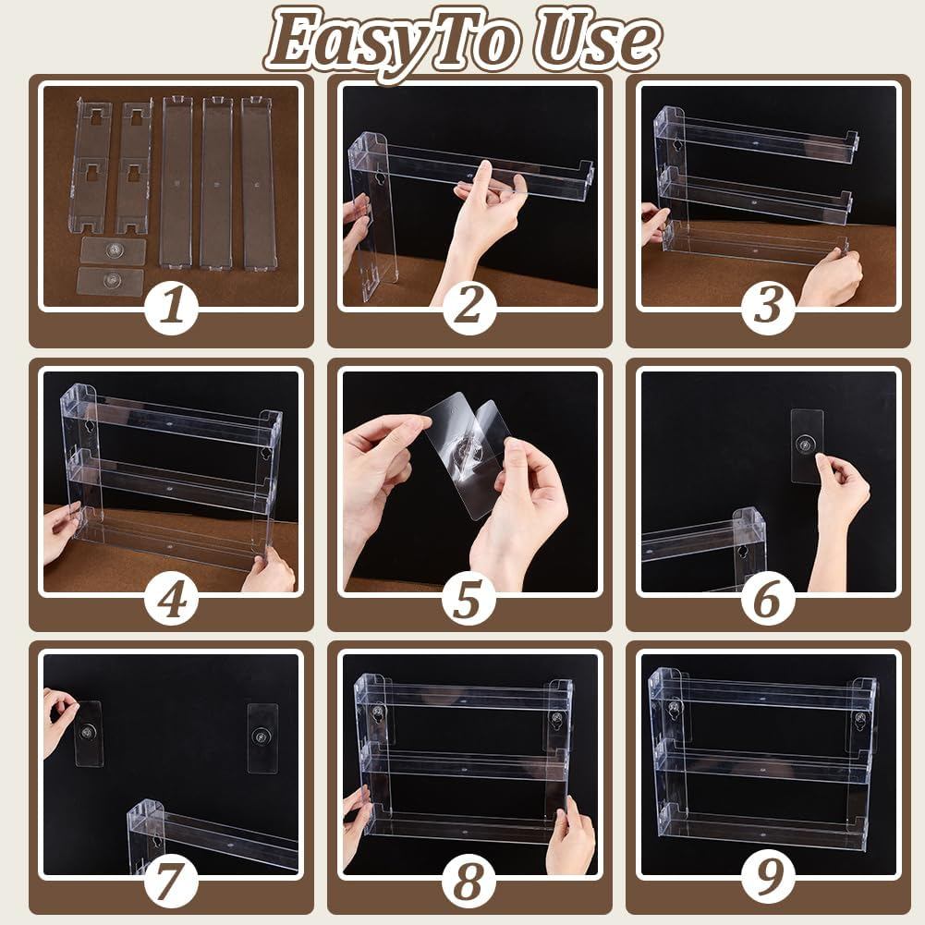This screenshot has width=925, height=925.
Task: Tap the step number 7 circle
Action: tap(172, 882)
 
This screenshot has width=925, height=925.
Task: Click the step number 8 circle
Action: tap(469, 882)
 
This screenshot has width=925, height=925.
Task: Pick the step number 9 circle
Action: tap(768, 882)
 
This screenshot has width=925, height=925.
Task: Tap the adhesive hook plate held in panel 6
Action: tap(807, 444)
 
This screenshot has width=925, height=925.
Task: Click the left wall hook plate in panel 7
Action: tap(89, 733)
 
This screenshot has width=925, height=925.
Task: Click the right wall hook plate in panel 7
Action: tap(262, 737)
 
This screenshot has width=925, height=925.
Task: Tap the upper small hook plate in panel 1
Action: tap(113, 250)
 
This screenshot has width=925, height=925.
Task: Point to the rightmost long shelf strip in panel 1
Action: tap(258, 183)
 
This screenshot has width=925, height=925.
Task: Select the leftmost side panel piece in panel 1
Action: tap(91, 166)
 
